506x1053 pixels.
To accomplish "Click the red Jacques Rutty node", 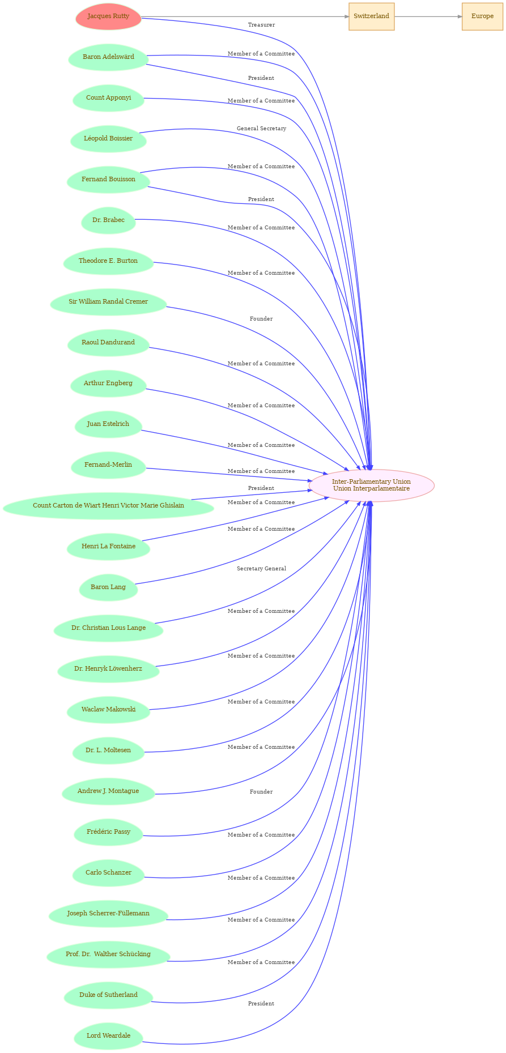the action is click(108, 16).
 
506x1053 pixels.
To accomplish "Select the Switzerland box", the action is click(371, 16).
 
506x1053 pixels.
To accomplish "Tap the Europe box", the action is click(482, 16).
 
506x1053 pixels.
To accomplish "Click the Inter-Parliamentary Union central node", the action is click(371, 485).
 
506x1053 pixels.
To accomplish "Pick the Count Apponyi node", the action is click(108, 98).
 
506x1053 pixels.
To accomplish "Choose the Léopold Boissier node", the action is click(108, 139).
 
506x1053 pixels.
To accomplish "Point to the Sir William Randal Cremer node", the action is click(108, 302).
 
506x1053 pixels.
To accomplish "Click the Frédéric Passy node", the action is click(108, 832).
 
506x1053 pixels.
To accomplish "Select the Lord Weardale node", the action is click(108, 1036).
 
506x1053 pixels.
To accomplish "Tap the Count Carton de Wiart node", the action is click(108, 506).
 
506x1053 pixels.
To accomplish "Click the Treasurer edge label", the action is click(261, 25).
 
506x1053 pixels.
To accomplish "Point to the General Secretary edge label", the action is click(261, 129).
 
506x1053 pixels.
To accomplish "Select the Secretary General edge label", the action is click(261, 569).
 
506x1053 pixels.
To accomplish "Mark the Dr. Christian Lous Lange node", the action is click(108, 628).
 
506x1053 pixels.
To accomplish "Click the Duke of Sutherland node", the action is click(108, 995).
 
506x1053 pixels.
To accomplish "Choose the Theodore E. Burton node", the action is click(108, 261).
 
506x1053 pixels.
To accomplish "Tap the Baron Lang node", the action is click(108, 587).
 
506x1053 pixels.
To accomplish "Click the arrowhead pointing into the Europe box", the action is click(459, 16).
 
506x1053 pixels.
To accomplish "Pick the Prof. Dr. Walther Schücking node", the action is click(108, 954).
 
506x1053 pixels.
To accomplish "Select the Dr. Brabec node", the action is click(108, 220).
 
